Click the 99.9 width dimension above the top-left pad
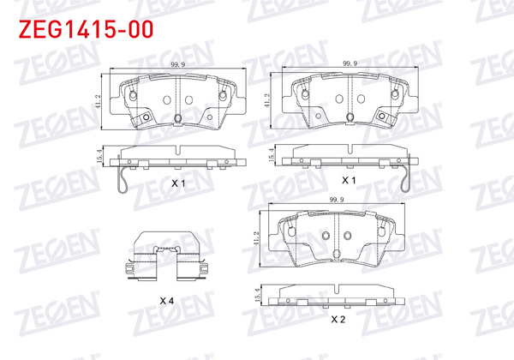coord(178,64)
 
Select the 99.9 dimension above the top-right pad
coord(349,64)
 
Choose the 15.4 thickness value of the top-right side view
coord(273,154)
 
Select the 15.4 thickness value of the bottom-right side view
coord(259,295)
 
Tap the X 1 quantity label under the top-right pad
coord(349,181)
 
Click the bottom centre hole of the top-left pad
coord(177,118)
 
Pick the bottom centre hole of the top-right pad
coord(349,118)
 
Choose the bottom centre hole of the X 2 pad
coord(337,251)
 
